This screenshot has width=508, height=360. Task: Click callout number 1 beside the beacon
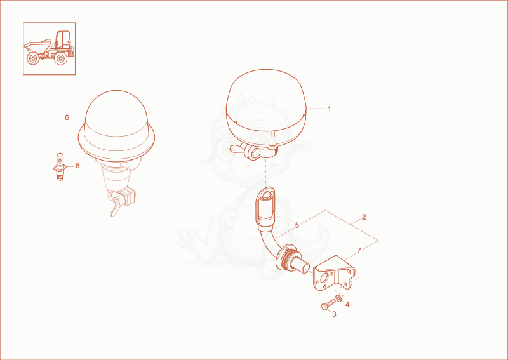(x=329, y=109)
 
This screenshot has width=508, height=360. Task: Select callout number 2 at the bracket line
(x=364, y=217)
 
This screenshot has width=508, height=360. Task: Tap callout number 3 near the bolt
(x=334, y=314)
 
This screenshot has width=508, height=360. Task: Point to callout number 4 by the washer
(x=347, y=305)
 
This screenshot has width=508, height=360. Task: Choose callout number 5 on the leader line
(x=297, y=225)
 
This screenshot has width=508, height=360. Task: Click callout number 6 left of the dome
(x=67, y=117)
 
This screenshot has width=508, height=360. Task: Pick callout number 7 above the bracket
(x=359, y=250)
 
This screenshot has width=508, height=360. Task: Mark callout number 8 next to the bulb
(x=77, y=166)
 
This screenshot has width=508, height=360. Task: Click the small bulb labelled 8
(x=60, y=166)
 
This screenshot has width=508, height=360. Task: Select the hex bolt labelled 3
(x=328, y=304)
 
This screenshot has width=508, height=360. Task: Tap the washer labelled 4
(x=338, y=298)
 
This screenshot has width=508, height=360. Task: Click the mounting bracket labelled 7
(x=334, y=273)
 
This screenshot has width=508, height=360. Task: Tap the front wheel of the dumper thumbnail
(x=32, y=58)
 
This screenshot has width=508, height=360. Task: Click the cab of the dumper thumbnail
(x=62, y=39)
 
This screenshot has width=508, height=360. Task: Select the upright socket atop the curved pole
(x=265, y=208)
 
